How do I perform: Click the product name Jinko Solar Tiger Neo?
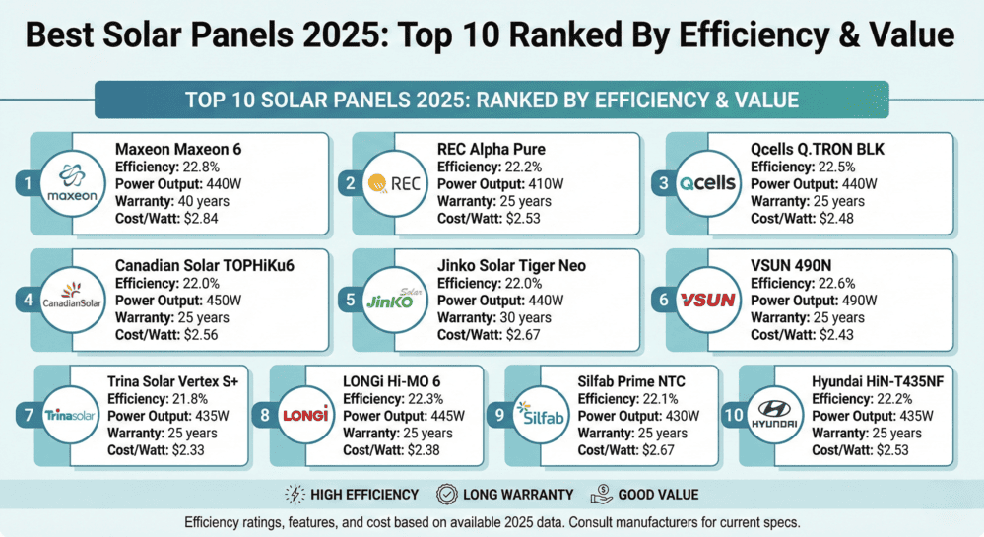(x=513, y=267)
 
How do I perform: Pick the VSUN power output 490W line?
(x=820, y=302)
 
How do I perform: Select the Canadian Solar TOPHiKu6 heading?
(x=205, y=267)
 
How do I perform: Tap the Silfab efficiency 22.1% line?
(x=633, y=399)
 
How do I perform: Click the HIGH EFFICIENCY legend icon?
(x=294, y=494)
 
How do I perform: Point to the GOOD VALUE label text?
(x=658, y=494)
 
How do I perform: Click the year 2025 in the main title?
(x=320, y=35)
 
